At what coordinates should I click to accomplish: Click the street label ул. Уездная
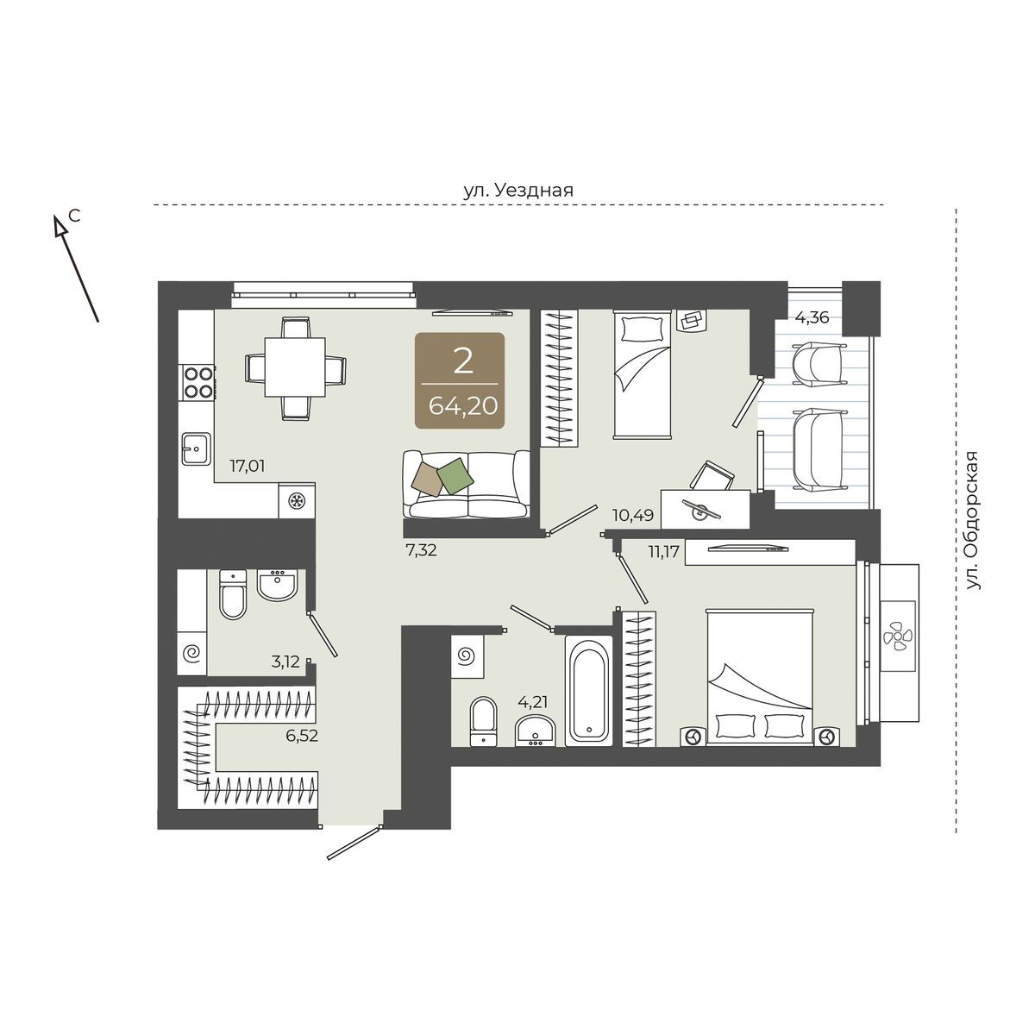click(518, 190)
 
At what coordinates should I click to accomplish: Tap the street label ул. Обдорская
click(972, 522)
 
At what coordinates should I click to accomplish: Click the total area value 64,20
click(463, 406)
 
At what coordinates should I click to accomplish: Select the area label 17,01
click(248, 466)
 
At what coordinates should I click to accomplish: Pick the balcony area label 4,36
click(812, 317)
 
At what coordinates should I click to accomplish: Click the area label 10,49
click(633, 516)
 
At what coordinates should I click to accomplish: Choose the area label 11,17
click(664, 551)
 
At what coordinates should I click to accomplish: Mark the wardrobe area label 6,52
click(302, 736)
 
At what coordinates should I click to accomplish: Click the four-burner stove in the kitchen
click(198, 381)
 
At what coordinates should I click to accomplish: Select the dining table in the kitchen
click(295, 367)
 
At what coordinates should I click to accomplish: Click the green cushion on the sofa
click(455, 476)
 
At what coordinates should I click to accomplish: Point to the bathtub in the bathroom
click(589, 691)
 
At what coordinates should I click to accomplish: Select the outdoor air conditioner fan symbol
click(898, 636)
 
